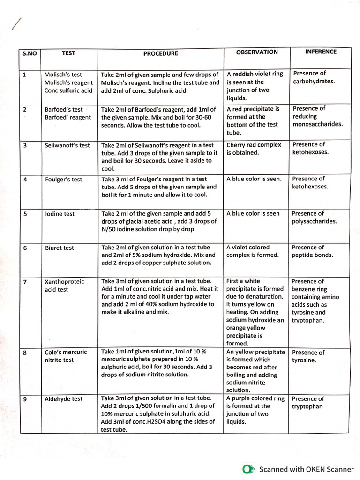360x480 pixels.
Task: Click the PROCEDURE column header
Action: coord(160,53)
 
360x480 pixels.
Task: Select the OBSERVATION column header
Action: coord(257,52)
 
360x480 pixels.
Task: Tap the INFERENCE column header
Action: coord(321,52)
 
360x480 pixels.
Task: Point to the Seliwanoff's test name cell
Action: coord(67,145)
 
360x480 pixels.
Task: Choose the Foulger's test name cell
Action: coord(63,180)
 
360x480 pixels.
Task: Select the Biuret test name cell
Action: coord(59,247)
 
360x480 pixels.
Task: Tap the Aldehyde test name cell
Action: coord(63,398)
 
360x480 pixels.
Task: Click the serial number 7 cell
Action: coord(24,282)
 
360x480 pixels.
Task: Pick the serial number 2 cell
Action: coord(24,109)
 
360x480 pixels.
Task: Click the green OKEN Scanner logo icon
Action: coord(248,469)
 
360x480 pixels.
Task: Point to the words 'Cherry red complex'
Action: coord(254,145)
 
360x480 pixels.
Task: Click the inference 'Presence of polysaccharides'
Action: coord(314,217)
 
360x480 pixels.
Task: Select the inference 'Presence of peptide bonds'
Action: coord(312,251)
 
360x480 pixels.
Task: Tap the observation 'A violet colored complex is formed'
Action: coord(252,251)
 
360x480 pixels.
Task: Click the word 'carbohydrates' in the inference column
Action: coord(314,81)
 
